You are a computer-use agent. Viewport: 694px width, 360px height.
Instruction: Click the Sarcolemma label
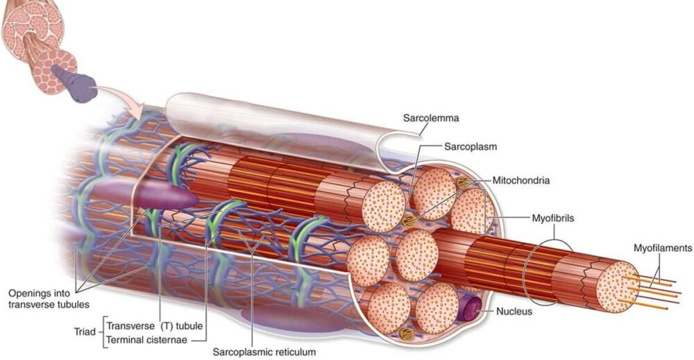click(425, 117)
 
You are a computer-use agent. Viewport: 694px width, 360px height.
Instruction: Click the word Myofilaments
click(663, 248)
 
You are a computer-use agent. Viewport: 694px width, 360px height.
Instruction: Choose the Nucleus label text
click(514, 311)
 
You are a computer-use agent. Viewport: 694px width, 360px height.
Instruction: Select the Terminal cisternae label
click(148, 339)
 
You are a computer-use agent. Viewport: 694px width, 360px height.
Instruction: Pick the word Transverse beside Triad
click(131, 325)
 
